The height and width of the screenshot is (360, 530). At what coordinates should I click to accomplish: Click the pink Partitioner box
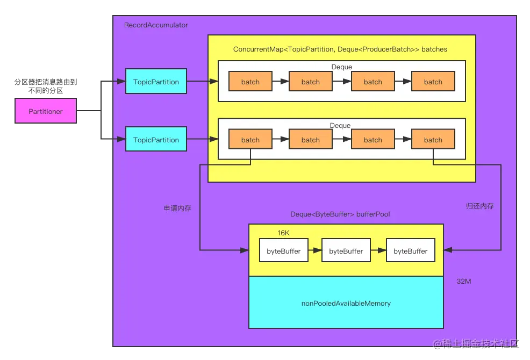tap(46, 111)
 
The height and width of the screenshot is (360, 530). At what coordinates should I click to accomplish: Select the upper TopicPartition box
tap(156, 82)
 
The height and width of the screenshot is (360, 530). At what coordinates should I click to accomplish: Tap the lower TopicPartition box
tap(156, 140)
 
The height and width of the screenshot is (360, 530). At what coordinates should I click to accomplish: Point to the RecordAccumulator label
tap(156, 25)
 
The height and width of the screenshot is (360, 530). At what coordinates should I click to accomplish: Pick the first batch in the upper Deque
tap(250, 82)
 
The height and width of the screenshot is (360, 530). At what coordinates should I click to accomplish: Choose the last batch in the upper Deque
tap(433, 82)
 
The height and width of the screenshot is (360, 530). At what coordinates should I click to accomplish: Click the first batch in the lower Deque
tap(250, 140)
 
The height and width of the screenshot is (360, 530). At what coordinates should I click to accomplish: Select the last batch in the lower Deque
tap(433, 140)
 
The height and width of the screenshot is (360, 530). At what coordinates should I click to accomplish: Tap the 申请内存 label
tap(177, 208)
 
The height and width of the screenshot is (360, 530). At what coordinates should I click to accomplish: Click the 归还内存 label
tap(479, 206)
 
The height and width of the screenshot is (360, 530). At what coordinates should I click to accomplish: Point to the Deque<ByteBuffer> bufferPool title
tap(340, 214)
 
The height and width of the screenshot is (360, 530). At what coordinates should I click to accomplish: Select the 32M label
tap(464, 282)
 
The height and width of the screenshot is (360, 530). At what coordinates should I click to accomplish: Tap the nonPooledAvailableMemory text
tap(346, 304)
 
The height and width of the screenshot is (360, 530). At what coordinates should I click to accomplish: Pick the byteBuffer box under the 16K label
tap(284, 251)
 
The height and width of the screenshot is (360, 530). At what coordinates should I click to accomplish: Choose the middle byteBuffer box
tap(346, 251)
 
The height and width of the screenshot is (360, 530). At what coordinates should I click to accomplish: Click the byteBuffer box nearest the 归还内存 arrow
tap(411, 251)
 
